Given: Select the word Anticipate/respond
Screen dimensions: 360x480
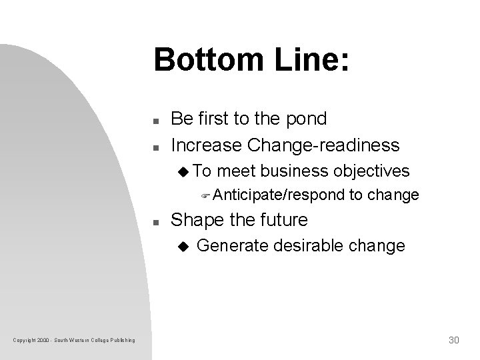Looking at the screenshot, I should [x=279, y=195].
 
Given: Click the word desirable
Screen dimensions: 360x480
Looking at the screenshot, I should [x=308, y=246].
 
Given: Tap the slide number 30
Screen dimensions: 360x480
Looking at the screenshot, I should [x=453, y=340].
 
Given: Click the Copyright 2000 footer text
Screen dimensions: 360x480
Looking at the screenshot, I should [x=73, y=341].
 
